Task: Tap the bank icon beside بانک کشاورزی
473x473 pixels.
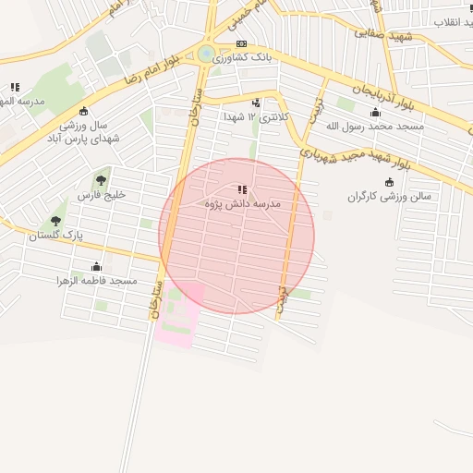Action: [241, 43]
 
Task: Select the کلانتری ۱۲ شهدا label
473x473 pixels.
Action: [257, 117]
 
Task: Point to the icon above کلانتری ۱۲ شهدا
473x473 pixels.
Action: [256, 103]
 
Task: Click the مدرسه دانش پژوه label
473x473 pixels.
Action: [243, 202]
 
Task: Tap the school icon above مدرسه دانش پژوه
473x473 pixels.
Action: [242, 189]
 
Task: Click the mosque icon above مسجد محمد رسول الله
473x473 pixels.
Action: [375, 113]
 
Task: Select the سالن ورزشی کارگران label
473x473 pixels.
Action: [391, 197]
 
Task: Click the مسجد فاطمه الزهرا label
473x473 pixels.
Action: [96, 279]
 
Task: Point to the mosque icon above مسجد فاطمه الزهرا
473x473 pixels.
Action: [96, 266]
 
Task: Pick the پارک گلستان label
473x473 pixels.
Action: [55, 236]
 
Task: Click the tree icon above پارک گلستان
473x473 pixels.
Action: [55, 221]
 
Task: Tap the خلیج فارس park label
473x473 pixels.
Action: [101, 196]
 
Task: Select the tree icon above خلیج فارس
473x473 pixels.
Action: [101, 181]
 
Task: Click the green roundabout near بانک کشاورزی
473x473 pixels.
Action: [206, 55]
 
